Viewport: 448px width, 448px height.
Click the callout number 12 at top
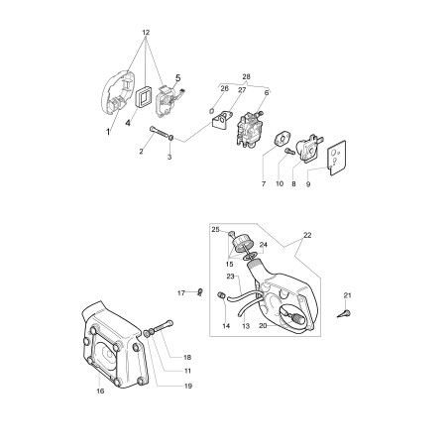(146, 33)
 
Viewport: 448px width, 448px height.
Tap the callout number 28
(246, 76)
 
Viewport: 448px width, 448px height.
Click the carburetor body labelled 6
(250, 128)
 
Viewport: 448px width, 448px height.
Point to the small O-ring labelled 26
(212, 110)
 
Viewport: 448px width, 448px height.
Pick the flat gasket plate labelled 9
(337, 158)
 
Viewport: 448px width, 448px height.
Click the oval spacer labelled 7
(281, 139)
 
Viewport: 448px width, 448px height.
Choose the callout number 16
(100, 392)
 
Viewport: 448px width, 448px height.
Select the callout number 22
(307, 235)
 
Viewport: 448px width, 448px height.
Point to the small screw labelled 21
(344, 313)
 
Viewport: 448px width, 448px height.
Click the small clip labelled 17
(200, 292)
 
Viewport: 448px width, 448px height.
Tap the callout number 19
(188, 386)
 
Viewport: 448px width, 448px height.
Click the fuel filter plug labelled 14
(221, 295)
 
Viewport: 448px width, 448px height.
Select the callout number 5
(177, 78)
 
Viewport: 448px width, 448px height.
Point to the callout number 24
(263, 245)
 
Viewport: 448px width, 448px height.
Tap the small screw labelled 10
(289, 152)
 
